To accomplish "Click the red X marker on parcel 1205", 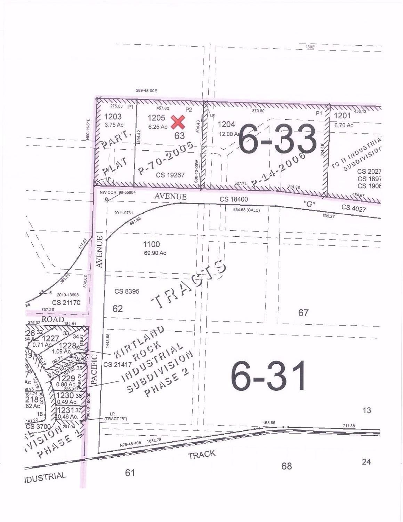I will coord(178,122).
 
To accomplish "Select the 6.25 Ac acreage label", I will coord(158,127).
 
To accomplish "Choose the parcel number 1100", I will coord(151,245).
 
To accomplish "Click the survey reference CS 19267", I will coord(170,175).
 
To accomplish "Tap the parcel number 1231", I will coord(66,410).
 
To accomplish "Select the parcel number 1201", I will coord(342,116).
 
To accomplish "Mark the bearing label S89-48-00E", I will coord(146,91).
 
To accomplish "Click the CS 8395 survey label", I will coord(127,291).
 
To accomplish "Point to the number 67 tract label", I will coord(303,313).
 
